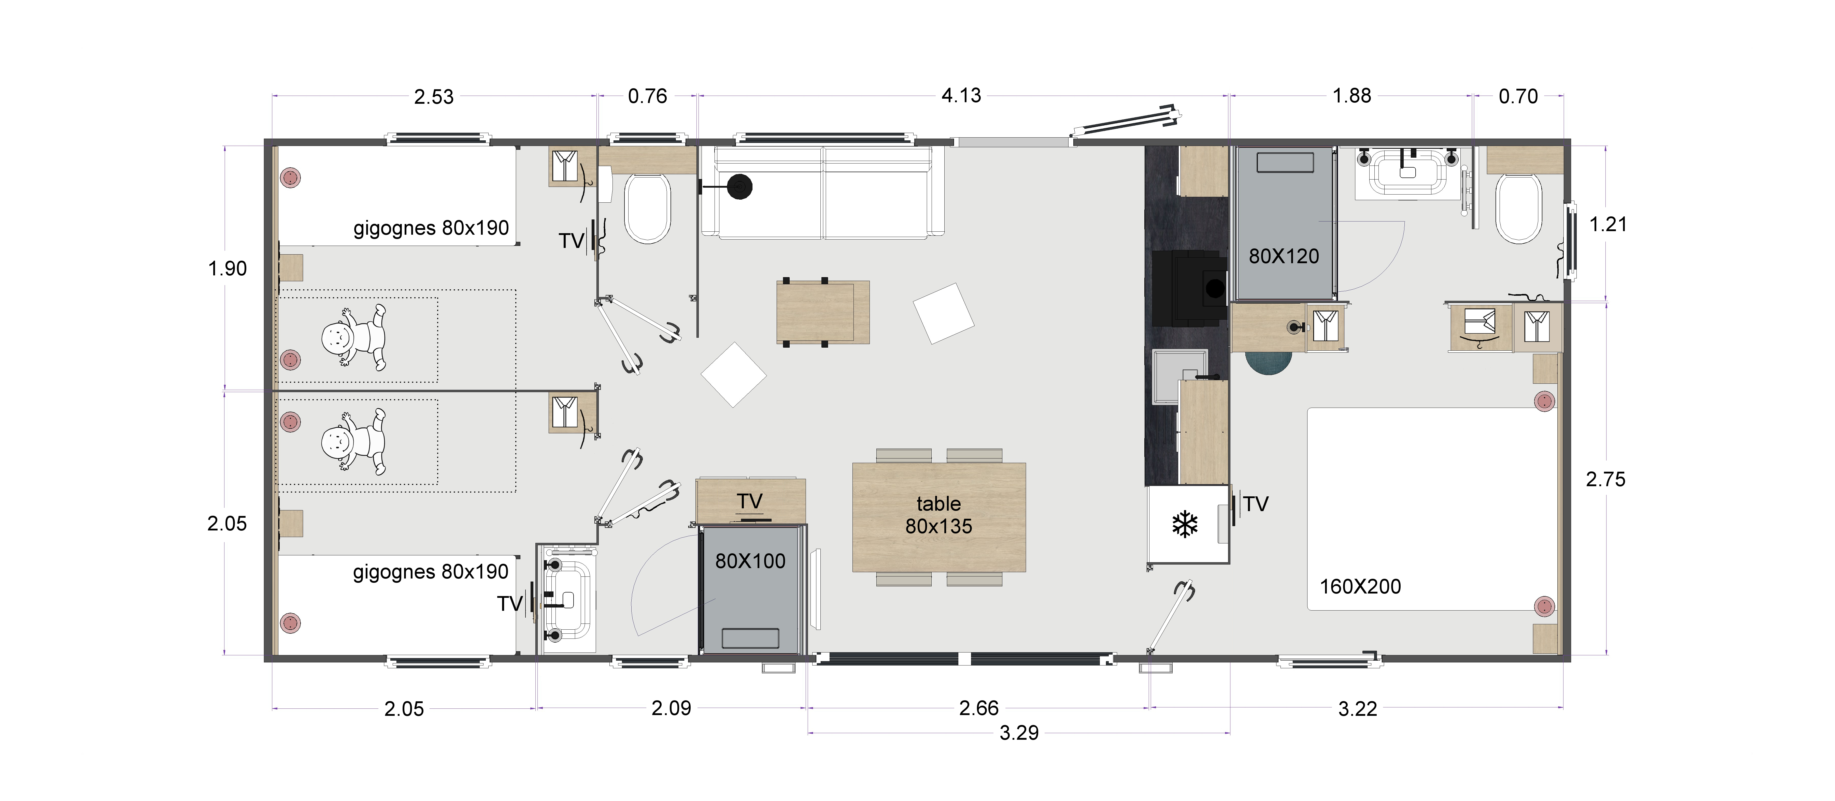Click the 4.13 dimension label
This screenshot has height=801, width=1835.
pos(961,95)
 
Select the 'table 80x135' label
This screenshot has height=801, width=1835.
pos(939,515)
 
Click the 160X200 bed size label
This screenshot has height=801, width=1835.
pos(1361,587)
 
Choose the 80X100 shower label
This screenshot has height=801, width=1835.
pos(750,561)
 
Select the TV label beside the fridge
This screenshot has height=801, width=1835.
pos(1256,504)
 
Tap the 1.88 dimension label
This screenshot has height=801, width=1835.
pos(1351,95)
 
